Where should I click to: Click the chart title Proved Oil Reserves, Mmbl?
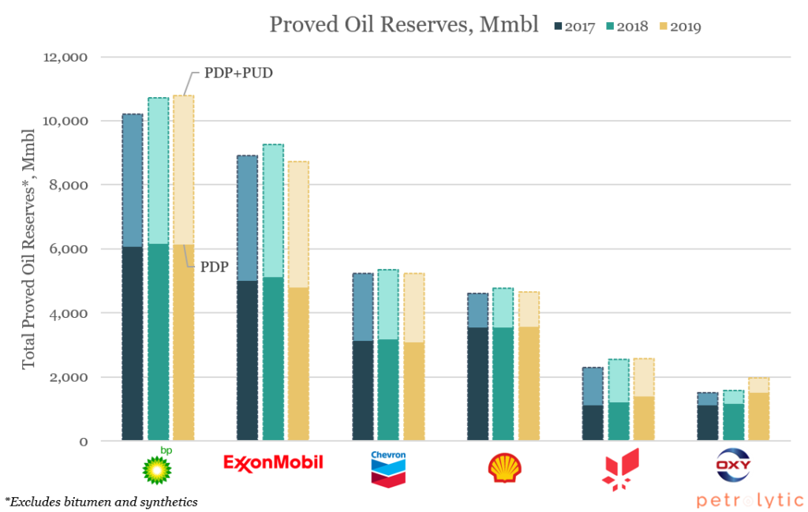click(404, 24)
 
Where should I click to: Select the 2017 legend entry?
click(574, 27)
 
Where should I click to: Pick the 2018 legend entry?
click(627, 27)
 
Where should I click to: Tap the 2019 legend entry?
click(680, 27)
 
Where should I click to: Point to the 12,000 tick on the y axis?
click(65, 57)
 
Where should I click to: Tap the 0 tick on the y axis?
click(84, 442)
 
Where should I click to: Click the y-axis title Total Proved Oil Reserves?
click(28, 249)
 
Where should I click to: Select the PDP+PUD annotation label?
click(238, 73)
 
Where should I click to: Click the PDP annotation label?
click(215, 267)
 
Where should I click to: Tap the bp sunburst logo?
click(158, 466)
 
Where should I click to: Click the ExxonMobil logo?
click(273, 462)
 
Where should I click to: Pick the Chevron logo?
click(388, 469)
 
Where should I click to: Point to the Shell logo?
click(504, 468)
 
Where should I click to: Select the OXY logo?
click(733, 465)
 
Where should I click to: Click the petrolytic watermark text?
click(750, 500)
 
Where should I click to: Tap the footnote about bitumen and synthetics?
click(101, 502)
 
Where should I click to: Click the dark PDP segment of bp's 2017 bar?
click(133, 343)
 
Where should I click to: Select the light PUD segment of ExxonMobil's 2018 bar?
click(273, 211)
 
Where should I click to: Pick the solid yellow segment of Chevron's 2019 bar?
click(414, 391)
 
